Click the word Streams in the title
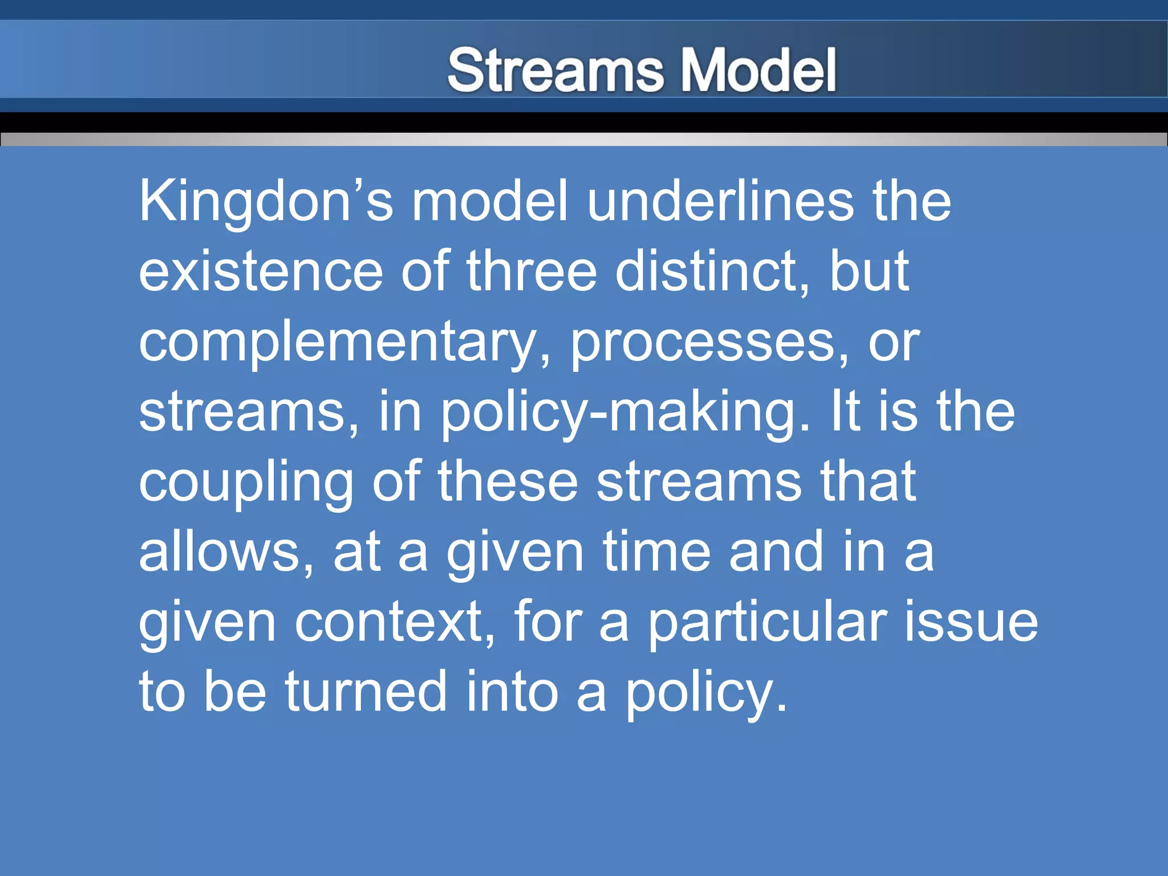(x=555, y=70)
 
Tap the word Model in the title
(x=759, y=70)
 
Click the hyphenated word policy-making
(x=625, y=412)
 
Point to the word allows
(x=226, y=551)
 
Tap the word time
(x=656, y=551)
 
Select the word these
(x=508, y=482)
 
